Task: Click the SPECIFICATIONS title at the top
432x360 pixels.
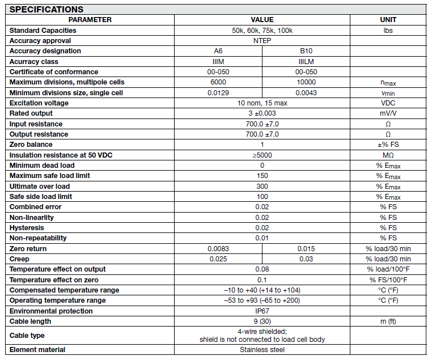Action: point(46,9)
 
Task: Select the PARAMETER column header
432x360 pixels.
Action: point(89,20)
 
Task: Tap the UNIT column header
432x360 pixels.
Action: point(388,20)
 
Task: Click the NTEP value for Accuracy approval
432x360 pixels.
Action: point(262,41)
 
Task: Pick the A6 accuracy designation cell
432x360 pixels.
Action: point(218,51)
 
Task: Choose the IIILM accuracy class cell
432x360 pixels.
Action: point(306,61)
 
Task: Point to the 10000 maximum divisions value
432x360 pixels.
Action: point(306,82)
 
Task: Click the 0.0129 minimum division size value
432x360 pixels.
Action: point(218,92)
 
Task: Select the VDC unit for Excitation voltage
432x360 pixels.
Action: point(388,103)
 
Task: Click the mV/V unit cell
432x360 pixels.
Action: point(388,113)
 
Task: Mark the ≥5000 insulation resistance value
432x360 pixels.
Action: point(262,155)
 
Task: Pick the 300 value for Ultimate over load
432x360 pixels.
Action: point(262,186)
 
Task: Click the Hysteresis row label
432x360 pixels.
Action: point(27,228)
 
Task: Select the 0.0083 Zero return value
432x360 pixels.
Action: point(218,249)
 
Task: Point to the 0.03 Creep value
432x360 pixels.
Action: point(306,259)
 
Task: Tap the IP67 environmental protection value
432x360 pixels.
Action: point(262,311)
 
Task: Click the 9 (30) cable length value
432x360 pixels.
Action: point(262,321)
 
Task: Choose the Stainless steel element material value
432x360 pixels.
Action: point(262,350)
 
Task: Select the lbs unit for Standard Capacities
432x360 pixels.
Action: point(388,31)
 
